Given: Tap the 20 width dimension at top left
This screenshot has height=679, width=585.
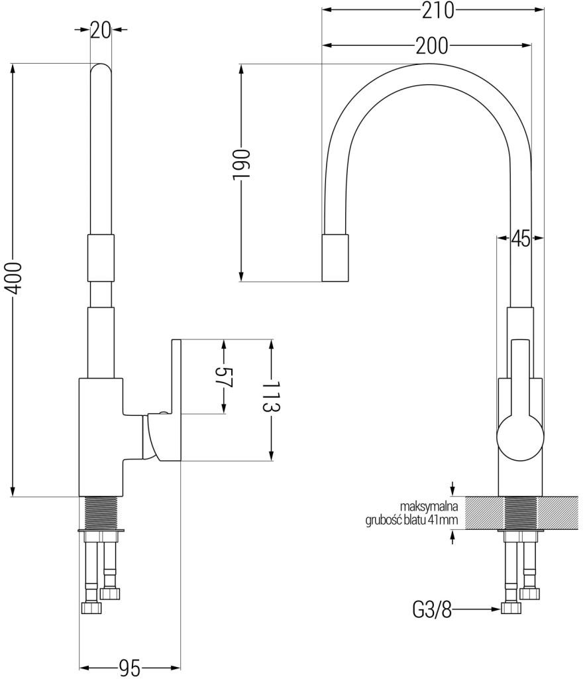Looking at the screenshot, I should tap(100, 31).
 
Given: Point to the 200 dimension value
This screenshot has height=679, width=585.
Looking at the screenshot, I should tap(431, 45).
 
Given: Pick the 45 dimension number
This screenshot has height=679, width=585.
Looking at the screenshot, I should tap(520, 239).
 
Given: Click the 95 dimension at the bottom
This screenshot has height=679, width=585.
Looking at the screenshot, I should tap(129, 668).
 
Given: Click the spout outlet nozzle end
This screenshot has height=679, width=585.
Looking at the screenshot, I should tap(335, 258).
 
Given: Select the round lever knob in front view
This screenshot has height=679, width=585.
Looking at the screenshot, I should tap(520, 438).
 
